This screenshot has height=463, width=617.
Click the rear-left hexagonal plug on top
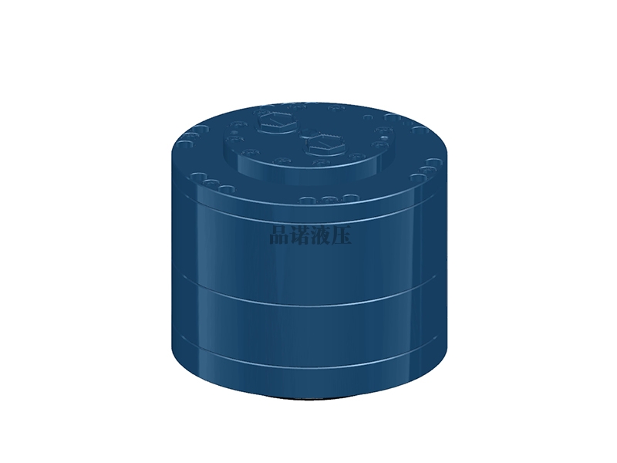(275, 122)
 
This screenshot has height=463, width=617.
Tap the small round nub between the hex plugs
(307, 133)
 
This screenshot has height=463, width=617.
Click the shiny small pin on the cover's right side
(385, 138)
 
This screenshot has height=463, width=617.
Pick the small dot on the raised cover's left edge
(236, 133)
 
